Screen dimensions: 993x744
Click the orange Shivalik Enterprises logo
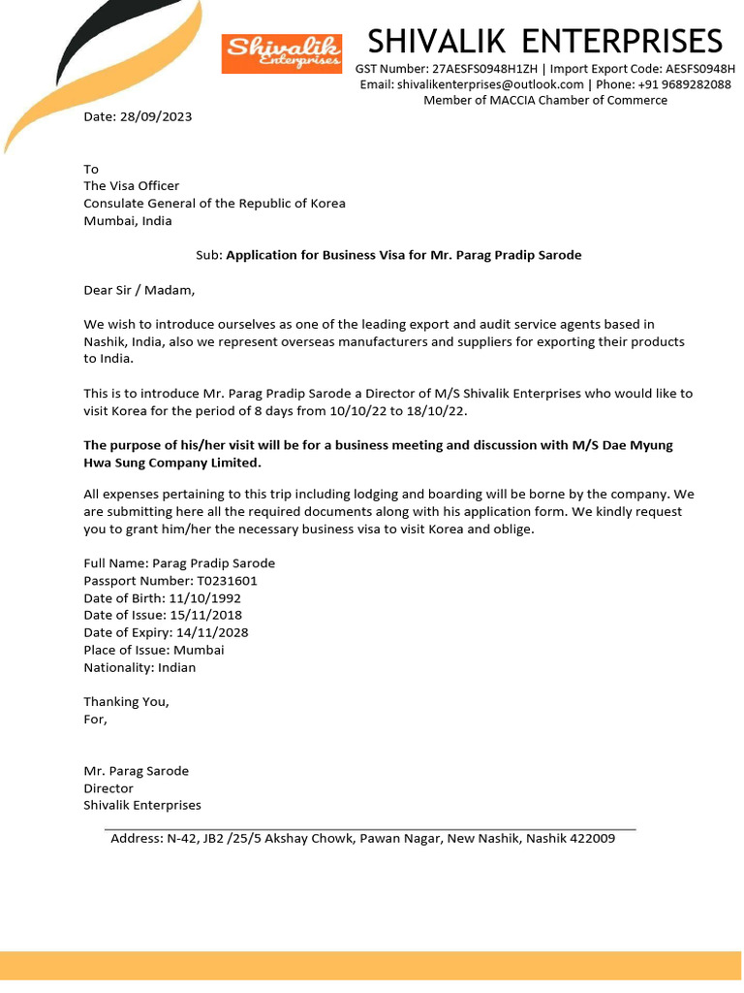282,53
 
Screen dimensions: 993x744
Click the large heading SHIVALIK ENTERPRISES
545,42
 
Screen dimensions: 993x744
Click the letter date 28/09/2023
155,116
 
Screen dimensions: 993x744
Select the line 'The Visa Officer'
131,186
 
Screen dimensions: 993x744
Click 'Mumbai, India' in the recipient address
127,221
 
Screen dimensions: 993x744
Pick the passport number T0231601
228,581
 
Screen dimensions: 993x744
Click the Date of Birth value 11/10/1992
203,598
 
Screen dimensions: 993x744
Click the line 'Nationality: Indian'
139,667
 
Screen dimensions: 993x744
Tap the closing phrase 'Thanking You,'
126,701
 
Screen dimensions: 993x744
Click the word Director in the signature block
108,788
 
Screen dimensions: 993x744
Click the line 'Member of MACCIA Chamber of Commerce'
545,100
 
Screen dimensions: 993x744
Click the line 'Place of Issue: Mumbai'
153,650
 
